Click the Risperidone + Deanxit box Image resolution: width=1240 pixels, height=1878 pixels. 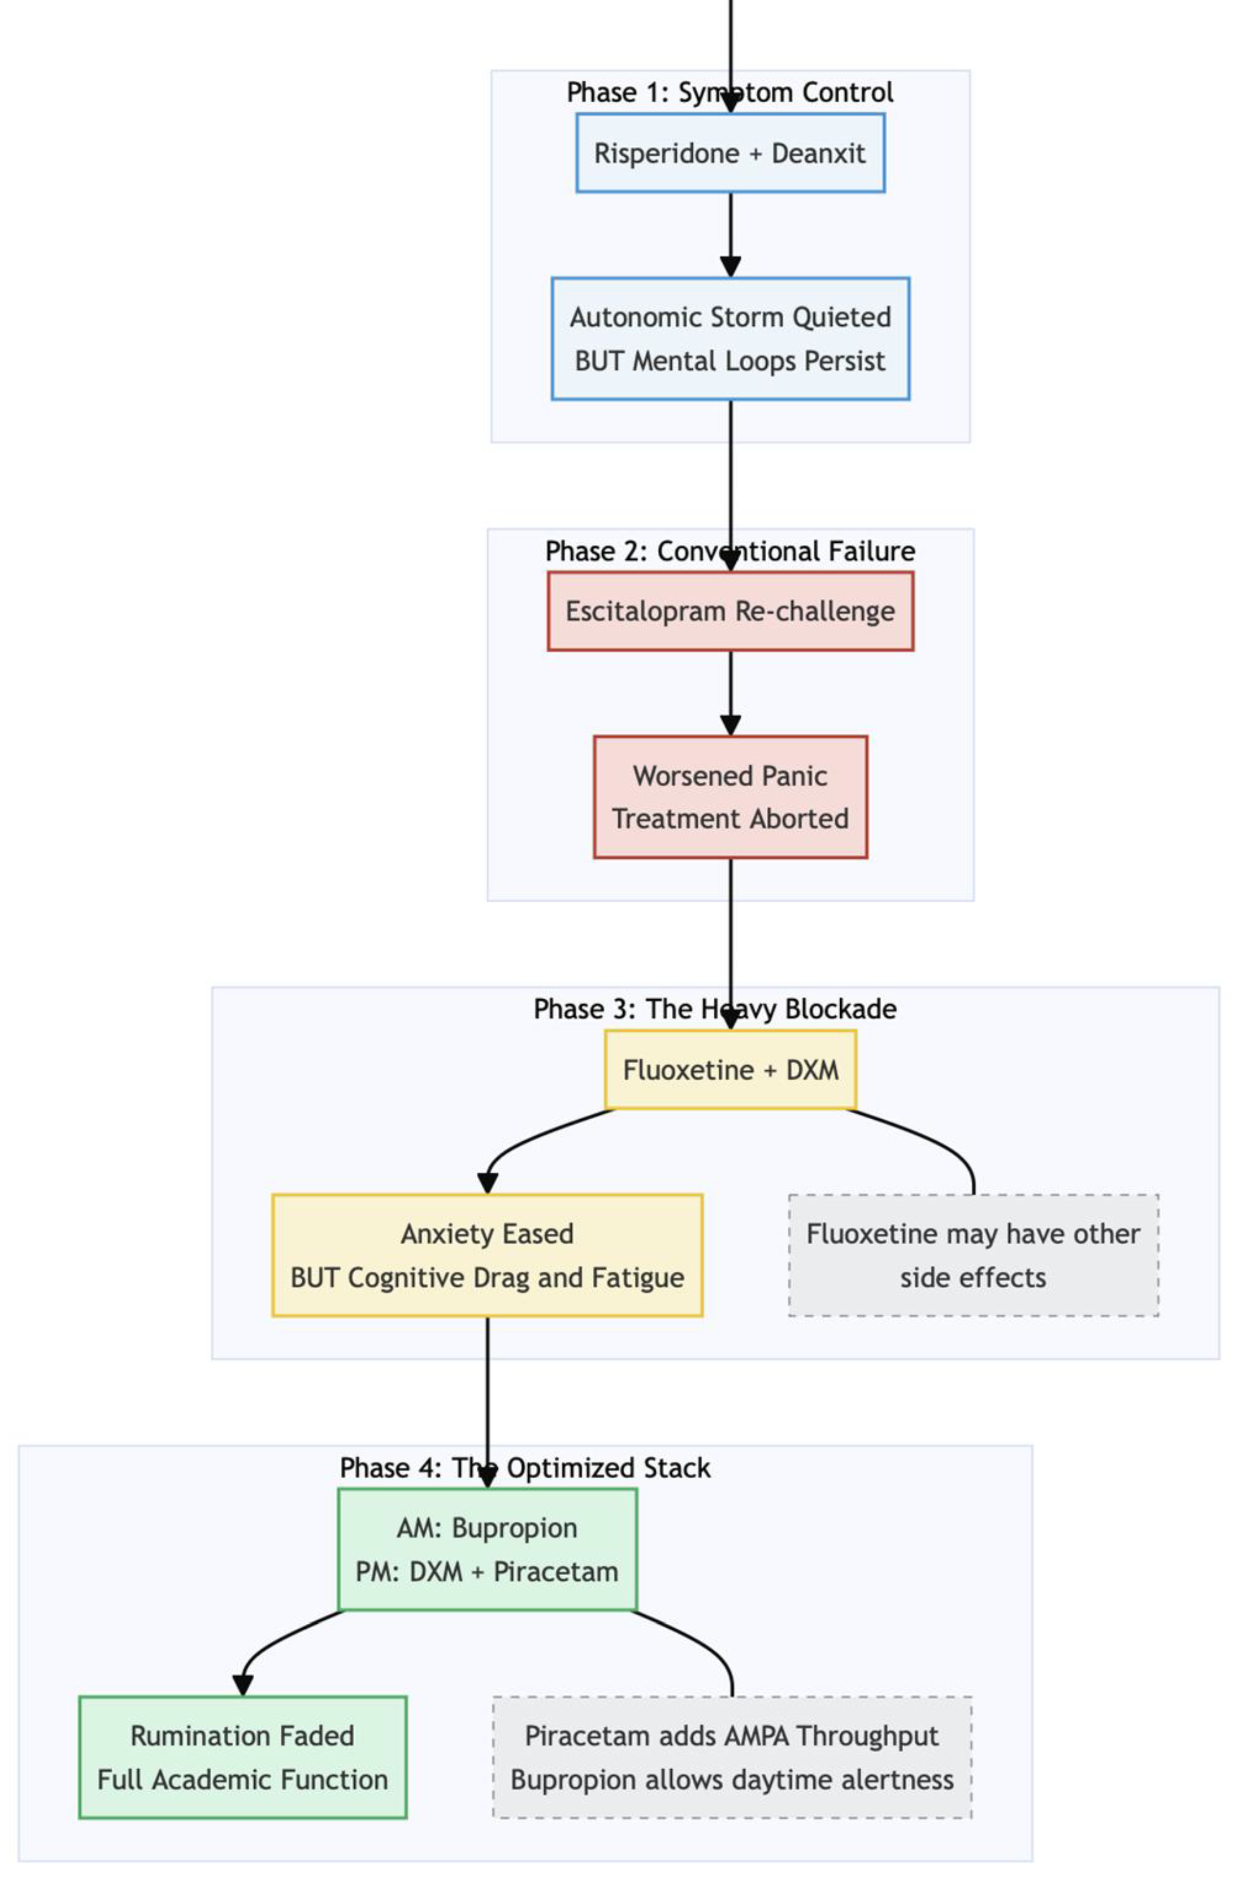[730, 153]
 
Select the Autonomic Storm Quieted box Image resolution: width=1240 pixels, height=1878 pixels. [730, 338]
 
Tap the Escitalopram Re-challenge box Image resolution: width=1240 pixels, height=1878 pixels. [730, 611]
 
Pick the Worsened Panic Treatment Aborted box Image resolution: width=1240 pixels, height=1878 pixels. [730, 797]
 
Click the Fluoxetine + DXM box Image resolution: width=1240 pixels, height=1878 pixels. [730, 1070]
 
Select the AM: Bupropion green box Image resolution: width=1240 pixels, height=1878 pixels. [487, 1550]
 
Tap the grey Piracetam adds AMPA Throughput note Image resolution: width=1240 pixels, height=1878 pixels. [731, 1757]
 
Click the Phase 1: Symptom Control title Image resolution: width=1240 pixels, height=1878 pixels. [730, 93]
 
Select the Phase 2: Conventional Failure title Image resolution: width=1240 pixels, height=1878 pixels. [730, 551]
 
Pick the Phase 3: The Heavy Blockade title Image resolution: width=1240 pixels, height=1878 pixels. [715, 1009]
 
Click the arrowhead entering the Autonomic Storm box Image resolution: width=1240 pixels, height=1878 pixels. [730, 266]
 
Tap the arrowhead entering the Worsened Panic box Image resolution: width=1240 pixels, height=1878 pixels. [730, 725]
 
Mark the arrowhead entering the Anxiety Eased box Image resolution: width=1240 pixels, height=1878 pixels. [488, 1183]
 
